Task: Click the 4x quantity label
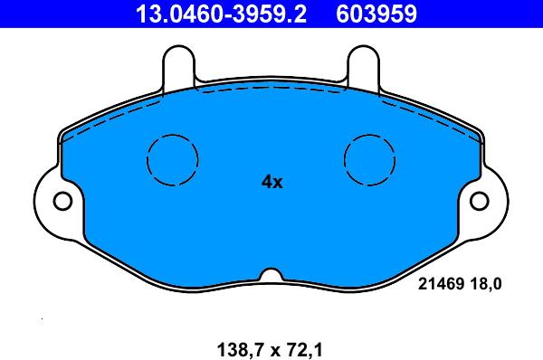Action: (271, 182)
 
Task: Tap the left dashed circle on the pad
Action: (174, 159)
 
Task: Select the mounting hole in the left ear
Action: (62, 200)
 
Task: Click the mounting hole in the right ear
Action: (482, 200)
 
